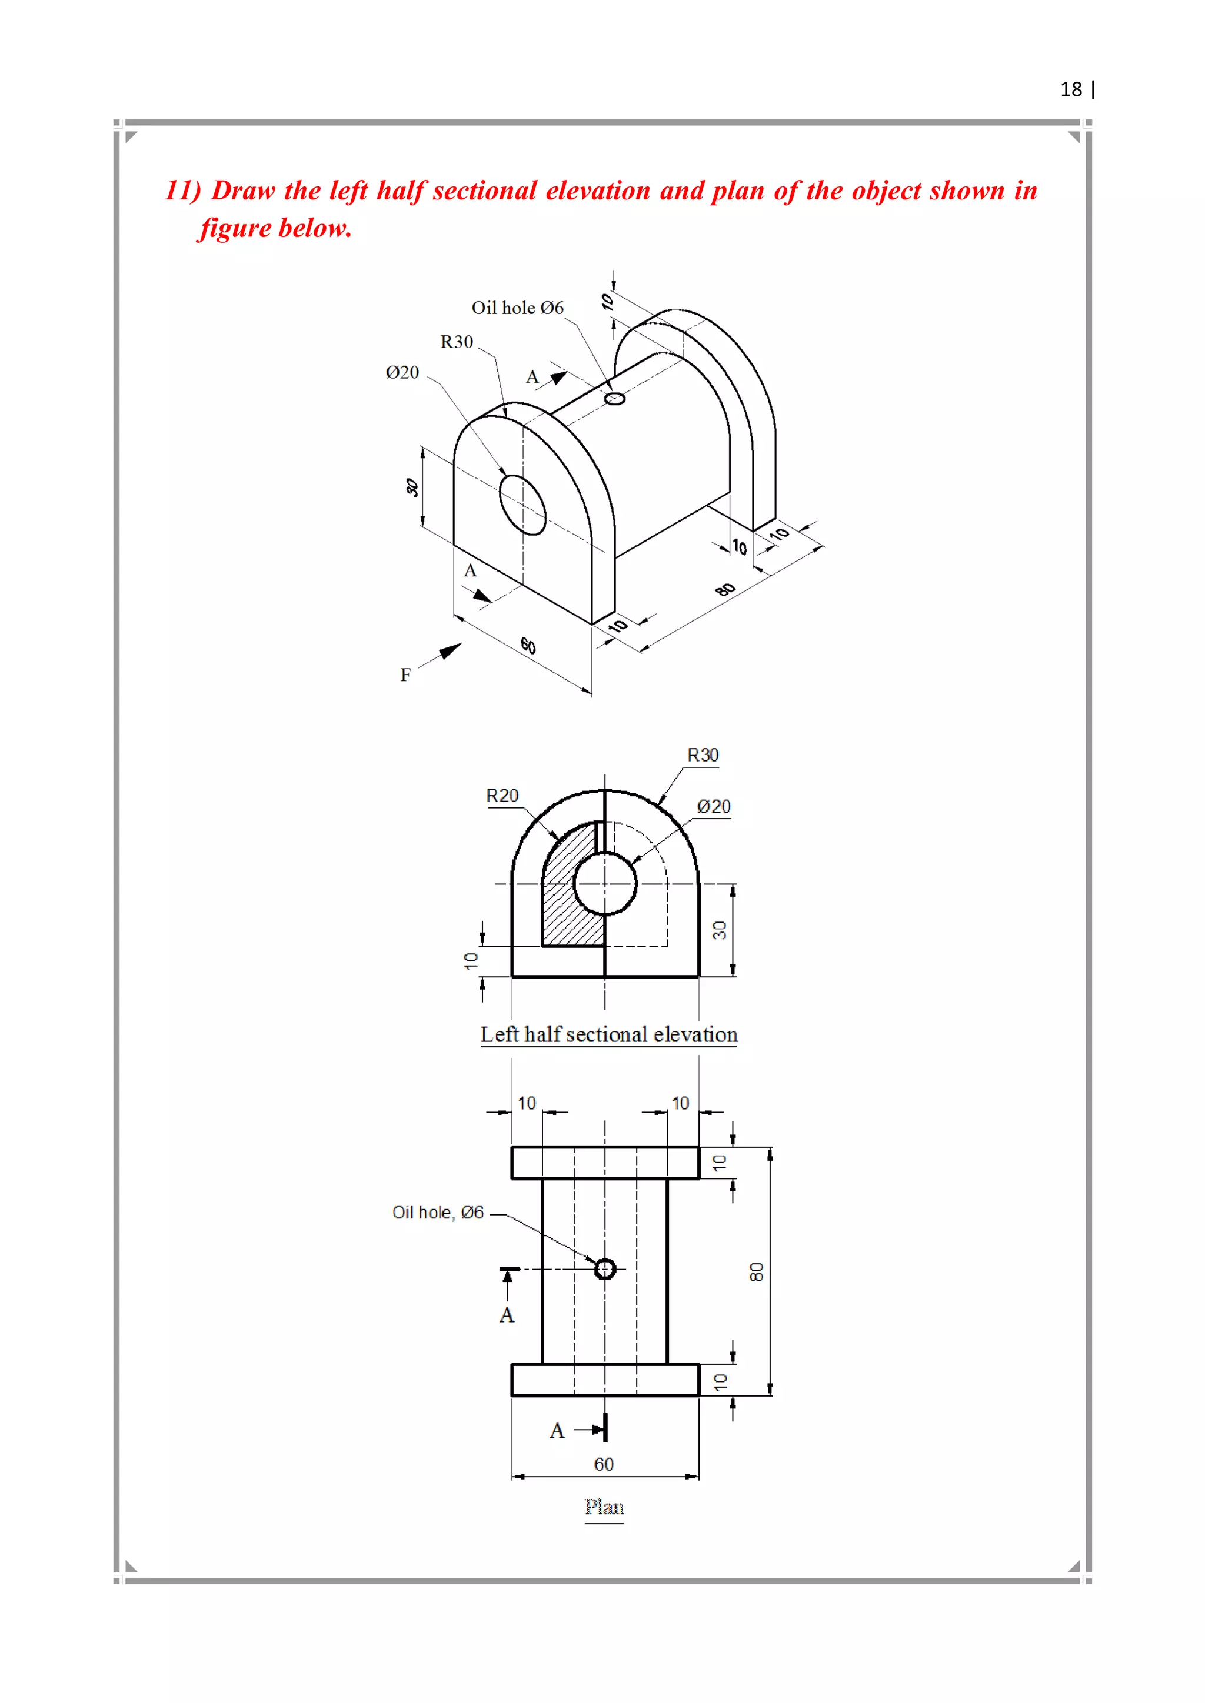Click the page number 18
pyautogui.click(x=1071, y=90)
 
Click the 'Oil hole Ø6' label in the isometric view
pyautogui.click(x=517, y=308)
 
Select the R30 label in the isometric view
pyautogui.click(x=457, y=342)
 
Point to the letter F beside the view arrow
pyautogui.click(x=405, y=675)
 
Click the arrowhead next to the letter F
pyautogui.click(x=450, y=651)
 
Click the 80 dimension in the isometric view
pyautogui.click(x=725, y=590)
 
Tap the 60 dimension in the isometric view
pyautogui.click(x=528, y=645)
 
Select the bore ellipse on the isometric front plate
pyautogui.click(x=522, y=505)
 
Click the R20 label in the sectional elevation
pyautogui.click(x=502, y=796)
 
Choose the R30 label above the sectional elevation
pyautogui.click(x=703, y=755)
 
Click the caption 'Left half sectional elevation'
pyautogui.click(x=608, y=1035)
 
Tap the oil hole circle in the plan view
pyautogui.click(x=605, y=1269)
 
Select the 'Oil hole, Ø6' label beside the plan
pyautogui.click(x=438, y=1213)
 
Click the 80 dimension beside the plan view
pyautogui.click(x=756, y=1272)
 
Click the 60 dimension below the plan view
pyautogui.click(x=604, y=1464)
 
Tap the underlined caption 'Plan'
pyautogui.click(x=604, y=1507)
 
